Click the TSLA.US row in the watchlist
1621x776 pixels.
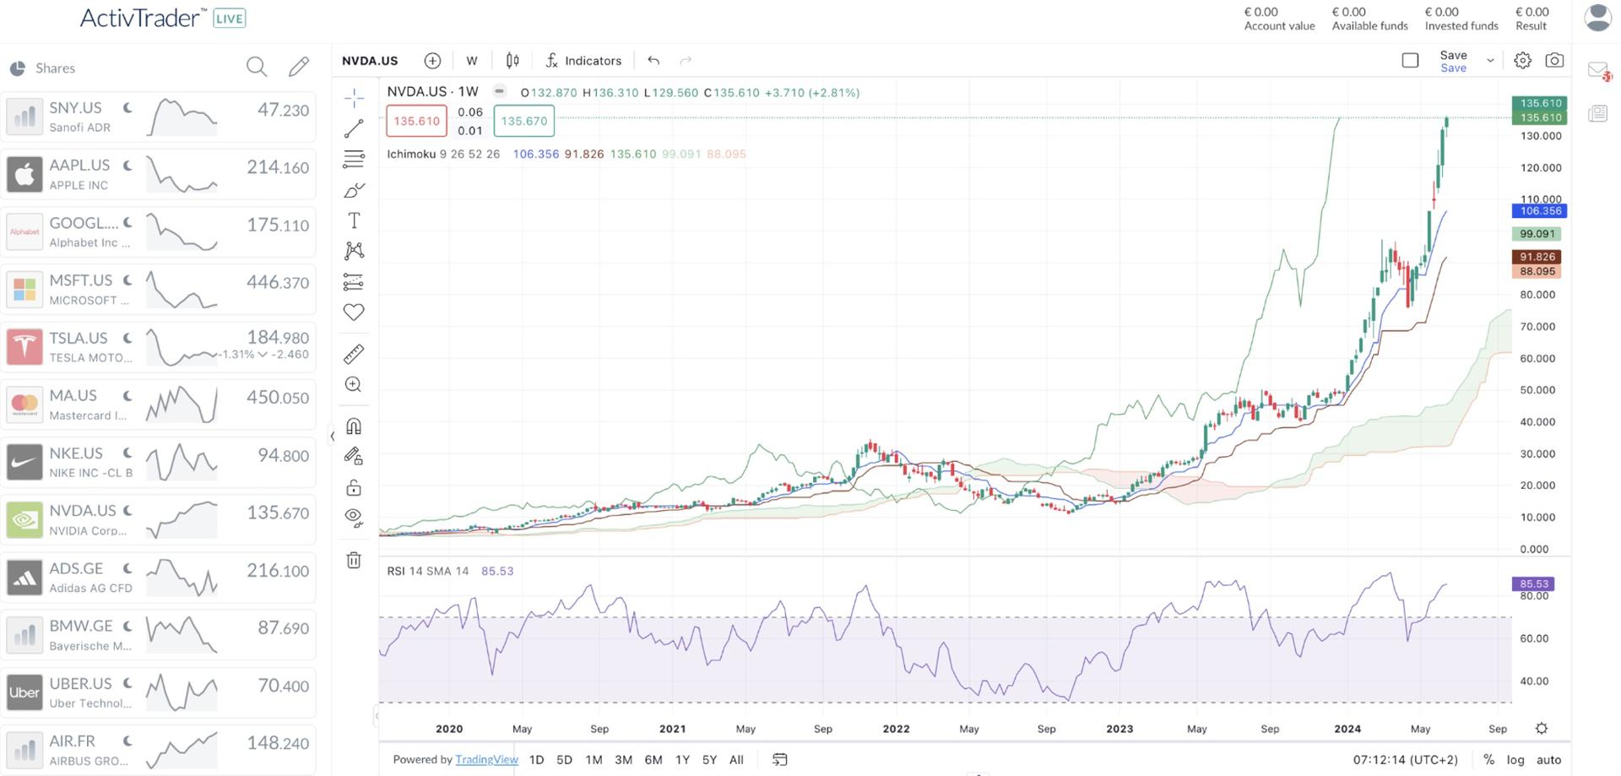click(x=158, y=346)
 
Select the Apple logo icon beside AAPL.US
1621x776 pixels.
click(x=24, y=174)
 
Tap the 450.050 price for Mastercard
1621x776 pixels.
click(x=277, y=397)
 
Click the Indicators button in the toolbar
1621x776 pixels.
click(x=583, y=61)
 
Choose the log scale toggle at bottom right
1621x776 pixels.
click(x=1515, y=759)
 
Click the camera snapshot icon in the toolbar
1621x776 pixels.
click(x=1553, y=61)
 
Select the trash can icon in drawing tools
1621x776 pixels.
click(x=354, y=560)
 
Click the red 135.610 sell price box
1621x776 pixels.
click(x=416, y=121)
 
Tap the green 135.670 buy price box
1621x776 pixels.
click(x=523, y=121)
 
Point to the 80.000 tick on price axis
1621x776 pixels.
click(x=1537, y=295)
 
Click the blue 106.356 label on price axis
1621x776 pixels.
click(x=1540, y=211)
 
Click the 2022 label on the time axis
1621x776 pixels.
click(x=896, y=728)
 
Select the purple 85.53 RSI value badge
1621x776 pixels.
click(x=1533, y=583)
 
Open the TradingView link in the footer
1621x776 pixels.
click(x=486, y=759)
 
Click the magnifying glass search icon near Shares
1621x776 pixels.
click(x=256, y=67)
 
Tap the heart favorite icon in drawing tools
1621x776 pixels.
click(x=354, y=312)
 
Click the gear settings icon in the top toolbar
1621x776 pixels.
click(x=1521, y=61)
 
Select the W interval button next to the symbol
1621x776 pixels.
click(x=471, y=61)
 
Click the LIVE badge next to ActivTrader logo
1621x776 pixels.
click(x=229, y=19)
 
